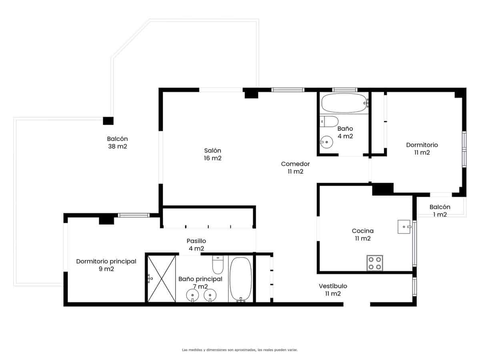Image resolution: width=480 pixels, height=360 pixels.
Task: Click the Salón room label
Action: [x=212, y=154]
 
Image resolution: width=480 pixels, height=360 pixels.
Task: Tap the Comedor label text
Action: [x=295, y=168]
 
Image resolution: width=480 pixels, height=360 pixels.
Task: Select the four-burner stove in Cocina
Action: [x=374, y=263]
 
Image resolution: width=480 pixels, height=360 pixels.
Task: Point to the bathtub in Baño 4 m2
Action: [x=344, y=103]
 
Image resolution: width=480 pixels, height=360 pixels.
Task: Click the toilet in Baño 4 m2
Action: [x=329, y=121]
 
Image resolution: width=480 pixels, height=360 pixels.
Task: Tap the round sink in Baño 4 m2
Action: [x=327, y=142]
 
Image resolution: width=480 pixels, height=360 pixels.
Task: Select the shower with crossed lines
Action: [x=162, y=278]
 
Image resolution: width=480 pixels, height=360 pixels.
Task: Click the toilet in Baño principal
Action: [x=218, y=264]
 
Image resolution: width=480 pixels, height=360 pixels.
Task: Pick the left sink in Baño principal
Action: [x=193, y=296]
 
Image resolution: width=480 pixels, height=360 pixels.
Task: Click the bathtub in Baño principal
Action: [x=240, y=279]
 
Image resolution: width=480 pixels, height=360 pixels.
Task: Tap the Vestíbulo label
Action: [x=333, y=290]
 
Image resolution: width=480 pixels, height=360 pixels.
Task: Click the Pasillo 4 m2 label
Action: [x=196, y=245]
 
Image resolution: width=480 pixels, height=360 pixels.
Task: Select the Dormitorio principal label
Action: [x=106, y=265]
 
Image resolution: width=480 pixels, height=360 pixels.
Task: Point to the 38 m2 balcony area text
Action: [x=117, y=146]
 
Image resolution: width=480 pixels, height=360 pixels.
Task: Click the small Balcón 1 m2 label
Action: [x=440, y=211]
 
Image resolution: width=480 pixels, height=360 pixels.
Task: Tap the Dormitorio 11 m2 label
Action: [x=422, y=148]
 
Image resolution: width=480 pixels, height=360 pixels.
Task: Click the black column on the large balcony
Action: [x=108, y=121]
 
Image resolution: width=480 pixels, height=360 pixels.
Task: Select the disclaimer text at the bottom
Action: [x=240, y=350]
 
